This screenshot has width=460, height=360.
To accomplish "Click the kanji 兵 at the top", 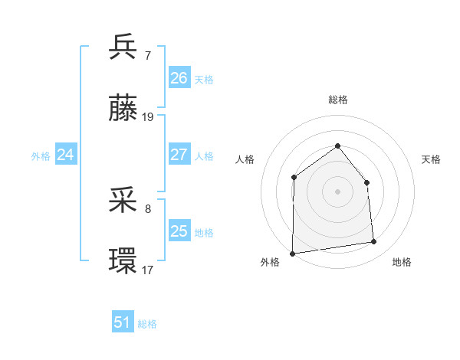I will tap(123, 47).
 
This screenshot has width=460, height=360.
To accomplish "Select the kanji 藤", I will tap(123, 109).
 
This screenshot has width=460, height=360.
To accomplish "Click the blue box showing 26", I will tap(179, 78).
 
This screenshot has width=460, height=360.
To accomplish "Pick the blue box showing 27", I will tap(179, 155).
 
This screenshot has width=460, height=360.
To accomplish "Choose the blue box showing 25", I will tap(179, 231).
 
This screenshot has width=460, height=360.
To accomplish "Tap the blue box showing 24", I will tap(66, 155).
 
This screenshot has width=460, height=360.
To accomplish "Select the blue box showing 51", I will tap(123, 322).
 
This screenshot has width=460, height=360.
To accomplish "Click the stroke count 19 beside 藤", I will tap(148, 117).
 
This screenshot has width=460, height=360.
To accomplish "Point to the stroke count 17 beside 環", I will tap(148, 270).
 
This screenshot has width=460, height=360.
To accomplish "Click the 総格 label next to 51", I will tap(147, 324).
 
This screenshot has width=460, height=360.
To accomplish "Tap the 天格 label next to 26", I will tap(204, 79).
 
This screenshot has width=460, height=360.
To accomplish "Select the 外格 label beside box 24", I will tap(41, 155).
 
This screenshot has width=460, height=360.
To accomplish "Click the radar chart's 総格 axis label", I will tap(337, 100).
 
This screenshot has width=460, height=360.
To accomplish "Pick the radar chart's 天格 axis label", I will tap(432, 159).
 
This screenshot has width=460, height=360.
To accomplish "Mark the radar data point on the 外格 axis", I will tap(292, 253).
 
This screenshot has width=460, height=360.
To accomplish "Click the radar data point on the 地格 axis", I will tap(374, 242).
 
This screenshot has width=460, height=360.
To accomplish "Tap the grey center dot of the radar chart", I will tap(337, 191).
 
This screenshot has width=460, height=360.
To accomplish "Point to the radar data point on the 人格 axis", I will tap(294, 178).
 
